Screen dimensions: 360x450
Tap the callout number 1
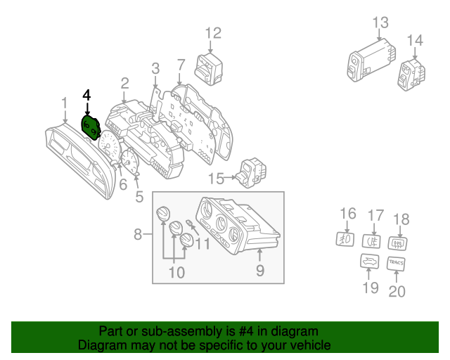(64, 103)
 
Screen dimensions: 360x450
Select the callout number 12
(213, 32)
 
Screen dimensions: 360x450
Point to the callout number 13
(380, 22)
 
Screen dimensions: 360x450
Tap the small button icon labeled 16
(345, 238)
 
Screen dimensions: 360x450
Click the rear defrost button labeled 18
(399, 243)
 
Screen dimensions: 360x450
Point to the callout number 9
(259, 269)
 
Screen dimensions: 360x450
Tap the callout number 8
(138, 233)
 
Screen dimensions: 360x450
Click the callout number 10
(176, 271)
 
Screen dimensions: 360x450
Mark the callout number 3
(155, 68)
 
